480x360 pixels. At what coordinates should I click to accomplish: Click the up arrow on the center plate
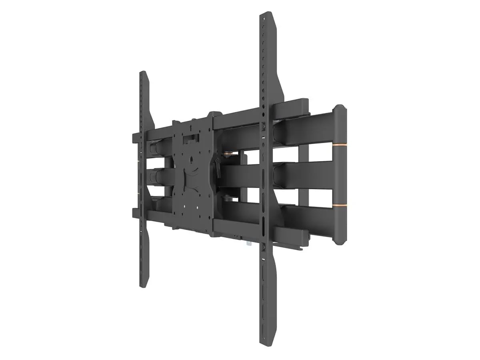191,128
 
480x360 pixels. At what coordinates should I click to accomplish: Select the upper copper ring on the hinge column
339,142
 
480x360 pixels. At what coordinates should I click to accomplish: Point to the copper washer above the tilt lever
229,152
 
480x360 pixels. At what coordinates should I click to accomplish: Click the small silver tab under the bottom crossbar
249,242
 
